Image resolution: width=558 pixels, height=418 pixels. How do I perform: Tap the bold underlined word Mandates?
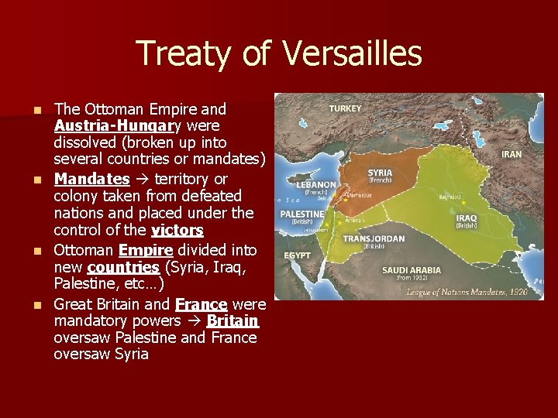[91, 179]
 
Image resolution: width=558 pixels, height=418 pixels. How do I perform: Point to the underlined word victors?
[177, 231]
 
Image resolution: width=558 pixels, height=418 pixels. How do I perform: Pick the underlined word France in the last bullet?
[201, 303]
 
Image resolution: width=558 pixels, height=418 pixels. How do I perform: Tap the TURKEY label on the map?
[345, 108]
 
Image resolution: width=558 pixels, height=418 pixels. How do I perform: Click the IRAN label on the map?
[511, 155]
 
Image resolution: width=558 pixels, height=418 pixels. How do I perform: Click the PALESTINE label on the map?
[301, 213]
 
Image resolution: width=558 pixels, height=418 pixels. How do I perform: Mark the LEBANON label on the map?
[315, 185]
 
